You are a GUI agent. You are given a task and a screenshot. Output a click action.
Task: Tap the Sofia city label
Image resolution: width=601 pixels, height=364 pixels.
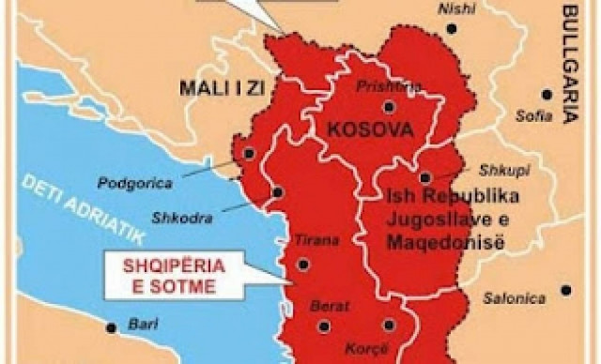(531, 116)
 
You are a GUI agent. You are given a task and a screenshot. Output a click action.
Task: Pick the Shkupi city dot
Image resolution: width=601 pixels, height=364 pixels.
(425, 176)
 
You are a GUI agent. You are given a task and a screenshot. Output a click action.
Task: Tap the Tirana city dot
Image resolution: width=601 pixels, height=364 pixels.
(302, 265)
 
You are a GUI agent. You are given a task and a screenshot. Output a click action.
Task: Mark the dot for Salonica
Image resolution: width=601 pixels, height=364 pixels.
(565, 290)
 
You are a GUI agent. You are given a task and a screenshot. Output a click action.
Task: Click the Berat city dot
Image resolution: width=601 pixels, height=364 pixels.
(324, 326)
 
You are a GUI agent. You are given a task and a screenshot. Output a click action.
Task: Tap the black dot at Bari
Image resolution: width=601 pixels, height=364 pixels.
(112, 327)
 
